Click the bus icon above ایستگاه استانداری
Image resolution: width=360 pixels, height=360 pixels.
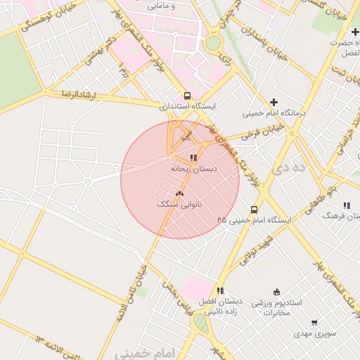(x=187, y=95)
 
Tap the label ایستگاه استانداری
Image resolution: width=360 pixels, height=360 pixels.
(x=187, y=106)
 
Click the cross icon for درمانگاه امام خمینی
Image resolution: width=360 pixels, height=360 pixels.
(x=274, y=102)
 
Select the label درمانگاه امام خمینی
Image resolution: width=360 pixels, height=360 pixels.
(x=274, y=112)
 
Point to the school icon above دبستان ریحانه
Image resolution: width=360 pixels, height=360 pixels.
(x=193, y=157)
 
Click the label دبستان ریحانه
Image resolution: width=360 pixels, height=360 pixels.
(x=193, y=169)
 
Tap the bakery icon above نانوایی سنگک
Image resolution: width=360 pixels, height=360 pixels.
(x=179, y=193)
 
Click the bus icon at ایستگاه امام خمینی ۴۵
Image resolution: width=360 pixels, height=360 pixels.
(x=254, y=209)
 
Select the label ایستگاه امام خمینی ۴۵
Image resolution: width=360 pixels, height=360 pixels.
(x=254, y=220)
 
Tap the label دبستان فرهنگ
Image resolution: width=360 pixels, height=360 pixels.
(x=340, y=216)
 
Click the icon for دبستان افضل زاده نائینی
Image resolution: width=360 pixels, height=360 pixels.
(x=220, y=290)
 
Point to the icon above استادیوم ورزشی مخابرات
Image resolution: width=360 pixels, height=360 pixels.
(x=276, y=292)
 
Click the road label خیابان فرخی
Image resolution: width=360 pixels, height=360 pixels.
(x=262, y=131)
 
